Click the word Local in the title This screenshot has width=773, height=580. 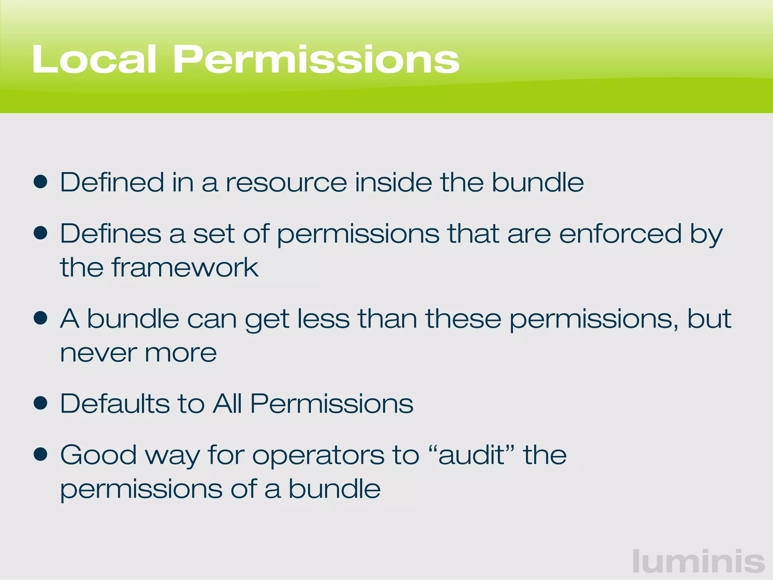(x=94, y=59)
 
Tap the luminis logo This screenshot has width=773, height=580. (x=699, y=561)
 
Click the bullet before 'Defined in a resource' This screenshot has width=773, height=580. (x=40, y=182)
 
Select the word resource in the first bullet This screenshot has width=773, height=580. (x=286, y=183)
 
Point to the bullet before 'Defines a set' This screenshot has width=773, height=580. (x=40, y=233)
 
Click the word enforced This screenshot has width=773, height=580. (x=620, y=234)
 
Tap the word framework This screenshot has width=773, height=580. (x=185, y=267)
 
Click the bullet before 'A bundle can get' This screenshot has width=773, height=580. (x=40, y=318)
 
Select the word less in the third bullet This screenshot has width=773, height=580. (x=323, y=319)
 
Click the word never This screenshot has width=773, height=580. (x=98, y=353)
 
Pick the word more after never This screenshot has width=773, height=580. (x=181, y=353)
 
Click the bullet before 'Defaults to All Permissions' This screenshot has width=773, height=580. (x=40, y=403)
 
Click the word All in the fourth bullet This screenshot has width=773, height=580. (x=227, y=404)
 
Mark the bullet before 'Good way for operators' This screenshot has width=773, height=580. (x=40, y=454)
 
